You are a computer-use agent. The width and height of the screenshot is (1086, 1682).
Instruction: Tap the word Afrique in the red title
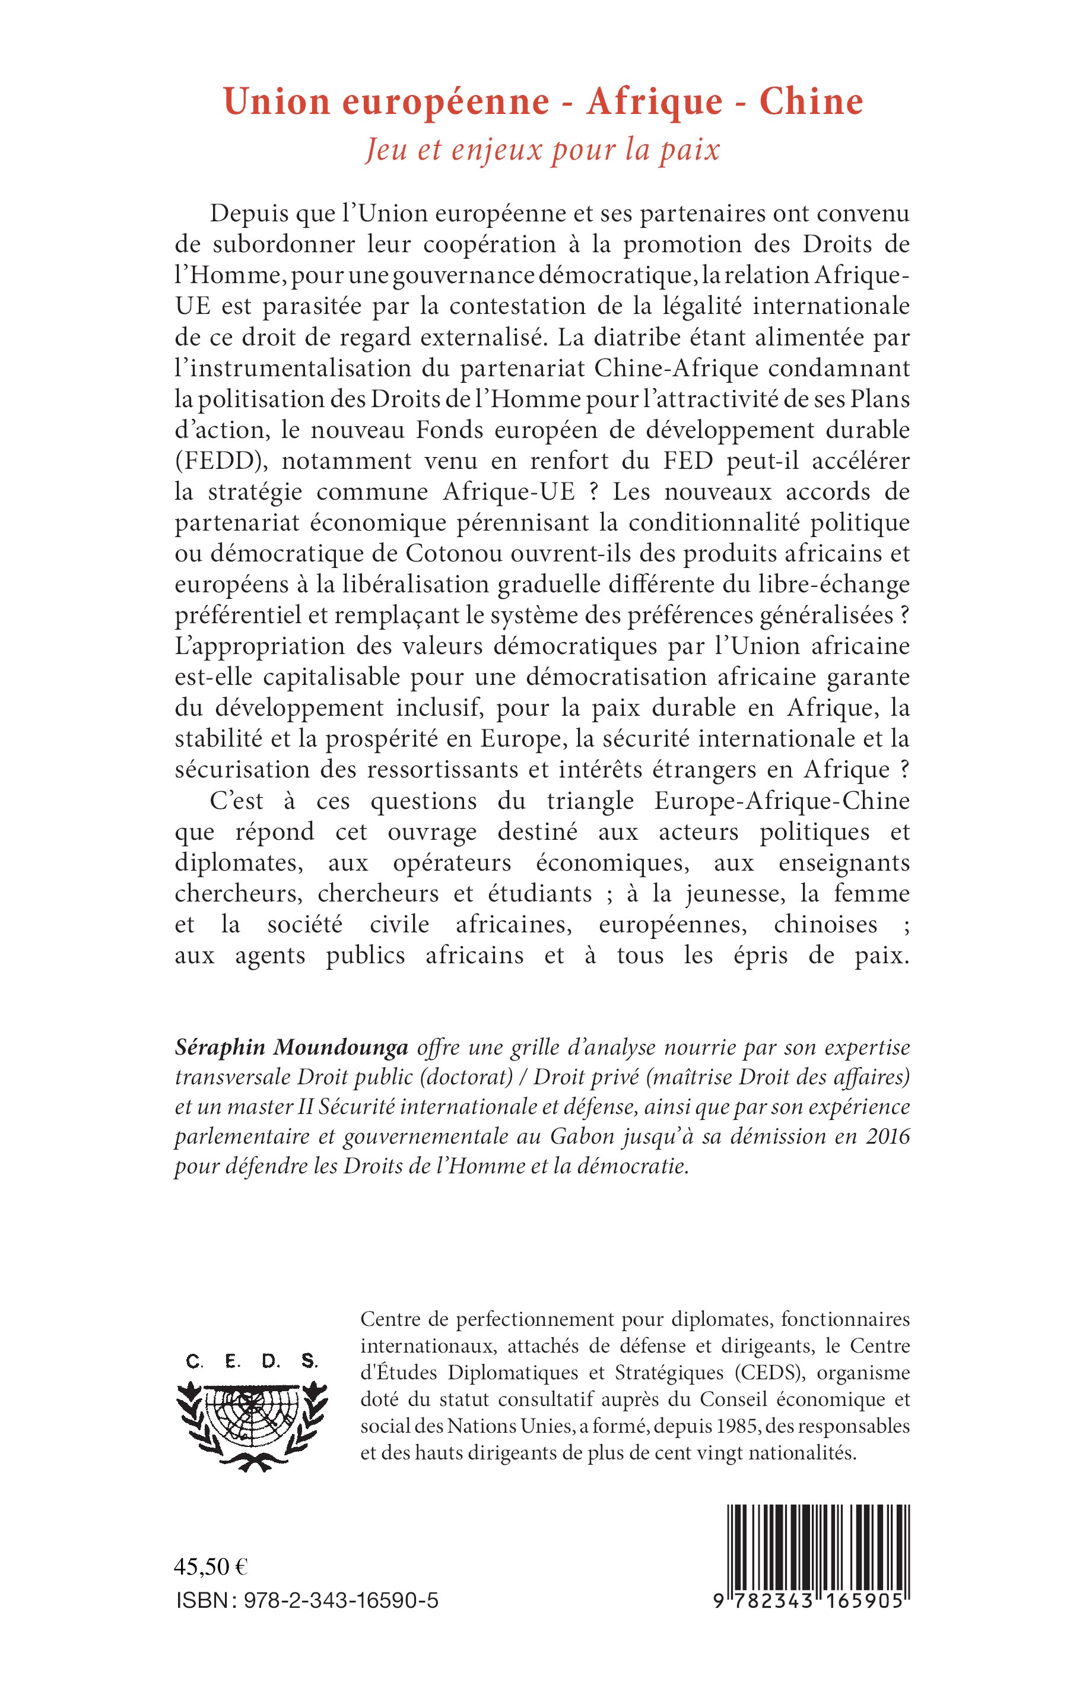click(655, 102)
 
